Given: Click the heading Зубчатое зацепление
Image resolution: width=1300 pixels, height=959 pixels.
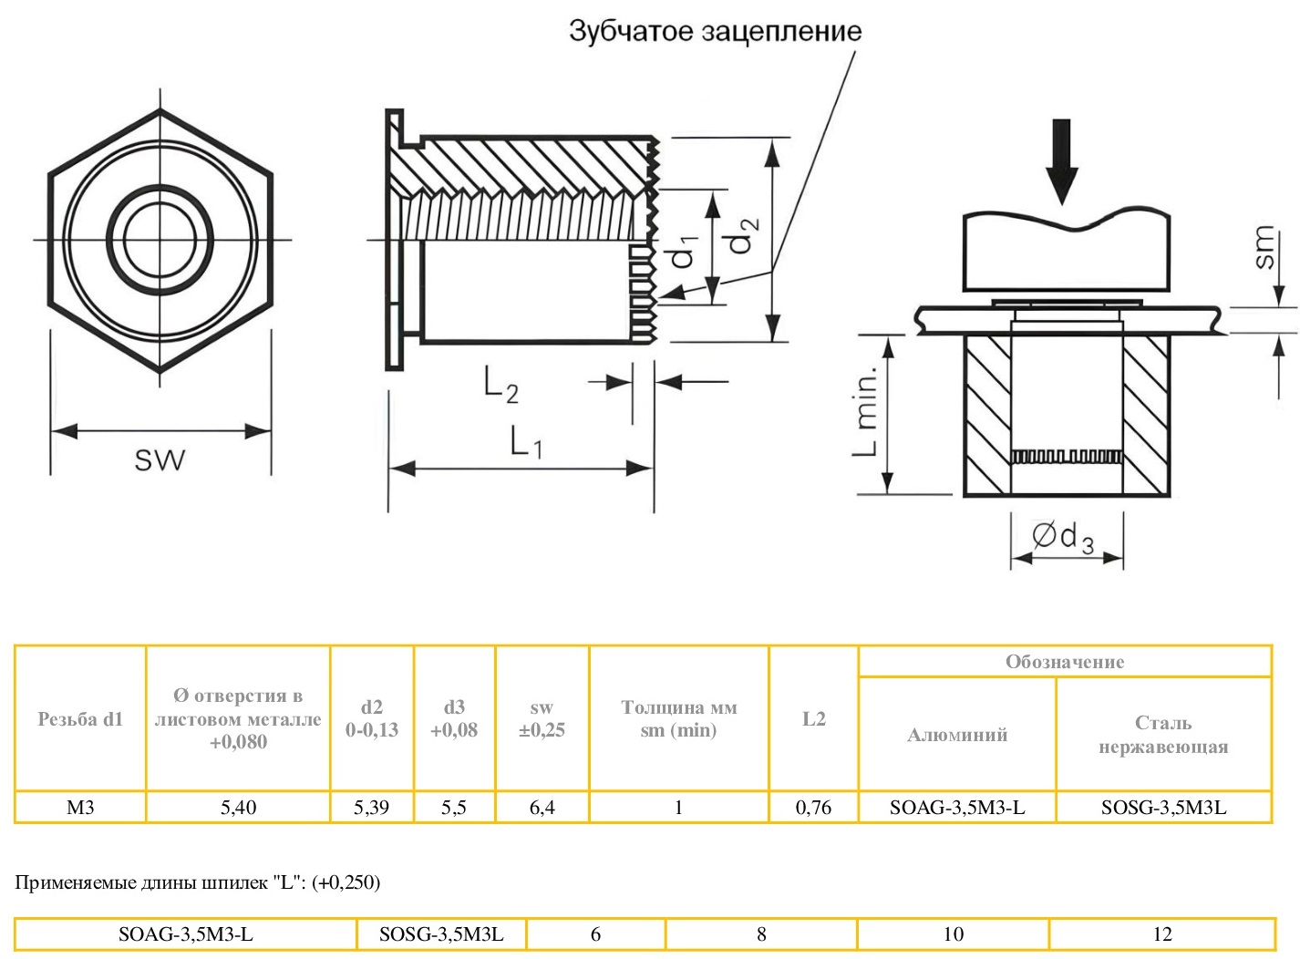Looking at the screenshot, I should [715, 31].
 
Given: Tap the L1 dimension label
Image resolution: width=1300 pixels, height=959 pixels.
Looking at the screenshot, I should [526, 444].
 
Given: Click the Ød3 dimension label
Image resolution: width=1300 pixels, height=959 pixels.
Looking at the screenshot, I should [1063, 538].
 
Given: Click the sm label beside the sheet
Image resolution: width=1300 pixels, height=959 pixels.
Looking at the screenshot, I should [1263, 248].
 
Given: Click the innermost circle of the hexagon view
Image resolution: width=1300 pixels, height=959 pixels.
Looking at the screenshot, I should [160, 240].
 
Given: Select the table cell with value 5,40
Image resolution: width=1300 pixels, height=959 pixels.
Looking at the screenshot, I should [238, 808].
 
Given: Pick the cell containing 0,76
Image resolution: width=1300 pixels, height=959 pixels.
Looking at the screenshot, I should [813, 808].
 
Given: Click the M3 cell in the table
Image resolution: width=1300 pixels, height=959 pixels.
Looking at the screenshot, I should [80, 808].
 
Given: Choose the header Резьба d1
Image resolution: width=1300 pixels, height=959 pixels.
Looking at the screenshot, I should [80, 719].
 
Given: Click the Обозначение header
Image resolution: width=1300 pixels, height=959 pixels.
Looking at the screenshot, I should [1064, 662].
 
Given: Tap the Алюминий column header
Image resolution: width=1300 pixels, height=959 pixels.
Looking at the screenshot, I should [956, 735].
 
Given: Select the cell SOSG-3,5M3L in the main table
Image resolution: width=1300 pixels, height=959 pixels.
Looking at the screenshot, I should [1163, 808].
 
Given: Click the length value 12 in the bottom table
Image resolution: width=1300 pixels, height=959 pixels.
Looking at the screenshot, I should [1161, 934].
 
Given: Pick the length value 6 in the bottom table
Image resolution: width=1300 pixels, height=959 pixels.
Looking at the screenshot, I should [595, 934].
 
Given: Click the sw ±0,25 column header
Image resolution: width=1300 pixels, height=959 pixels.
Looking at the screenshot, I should [542, 719].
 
